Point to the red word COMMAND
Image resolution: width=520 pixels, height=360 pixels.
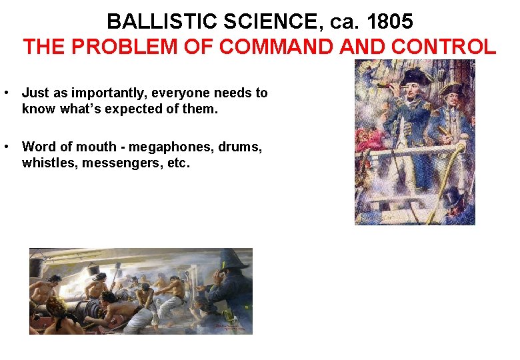coord(279,47)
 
